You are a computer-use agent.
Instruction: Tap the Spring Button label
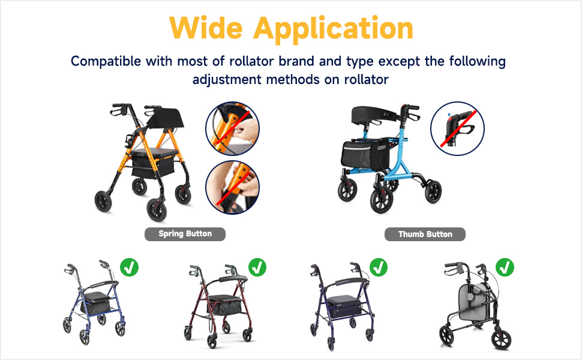click(185, 233)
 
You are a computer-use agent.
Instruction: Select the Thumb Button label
click(425, 234)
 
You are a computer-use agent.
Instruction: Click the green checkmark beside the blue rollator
click(129, 267)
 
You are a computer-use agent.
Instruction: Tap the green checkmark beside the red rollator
click(257, 267)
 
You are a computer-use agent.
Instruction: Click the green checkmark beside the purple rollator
click(378, 267)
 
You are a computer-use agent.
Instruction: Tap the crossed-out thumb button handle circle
click(457, 128)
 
